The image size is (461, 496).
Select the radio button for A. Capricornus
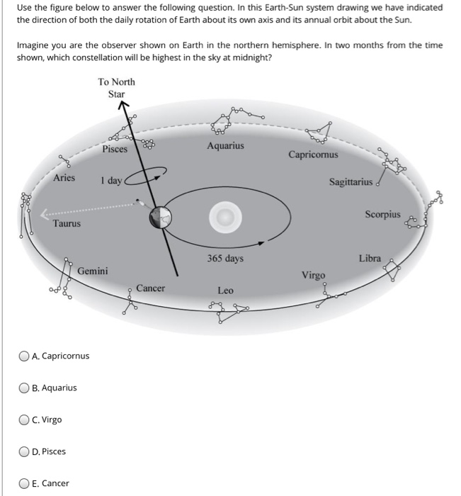pyautogui.click(x=25, y=356)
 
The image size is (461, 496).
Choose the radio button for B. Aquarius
pyautogui.click(x=25, y=388)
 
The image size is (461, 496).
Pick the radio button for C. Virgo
pyautogui.click(x=25, y=419)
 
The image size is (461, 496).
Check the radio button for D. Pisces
pyautogui.click(x=25, y=451)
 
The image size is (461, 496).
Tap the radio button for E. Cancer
pyautogui.click(x=25, y=483)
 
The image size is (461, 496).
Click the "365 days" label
pyautogui.click(x=225, y=259)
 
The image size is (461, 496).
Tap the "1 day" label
pyautogui.click(x=111, y=181)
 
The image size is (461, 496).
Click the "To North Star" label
pyautogui.click(x=116, y=88)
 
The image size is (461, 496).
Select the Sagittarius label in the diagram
pyautogui.click(x=350, y=183)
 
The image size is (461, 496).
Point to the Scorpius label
pyautogui.click(x=382, y=214)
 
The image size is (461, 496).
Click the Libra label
pyautogui.click(x=370, y=259)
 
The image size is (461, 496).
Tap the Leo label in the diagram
pyautogui.click(x=225, y=291)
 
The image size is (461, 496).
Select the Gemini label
pyautogui.click(x=93, y=271)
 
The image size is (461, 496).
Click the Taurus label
pyautogui.click(x=67, y=224)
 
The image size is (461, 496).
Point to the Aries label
pyautogui.click(x=64, y=178)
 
